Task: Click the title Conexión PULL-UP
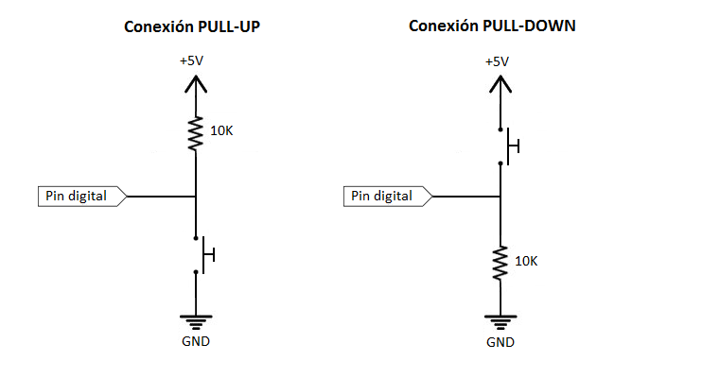[192, 26]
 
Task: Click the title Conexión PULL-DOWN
[492, 26]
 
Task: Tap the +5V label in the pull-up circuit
[192, 61]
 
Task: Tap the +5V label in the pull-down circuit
[497, 61]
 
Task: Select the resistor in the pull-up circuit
[195, 133]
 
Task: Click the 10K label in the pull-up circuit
[221, 130]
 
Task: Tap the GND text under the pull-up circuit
[195, 341]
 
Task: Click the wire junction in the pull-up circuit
[195, 197]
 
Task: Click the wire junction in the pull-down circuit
[499, 197]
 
